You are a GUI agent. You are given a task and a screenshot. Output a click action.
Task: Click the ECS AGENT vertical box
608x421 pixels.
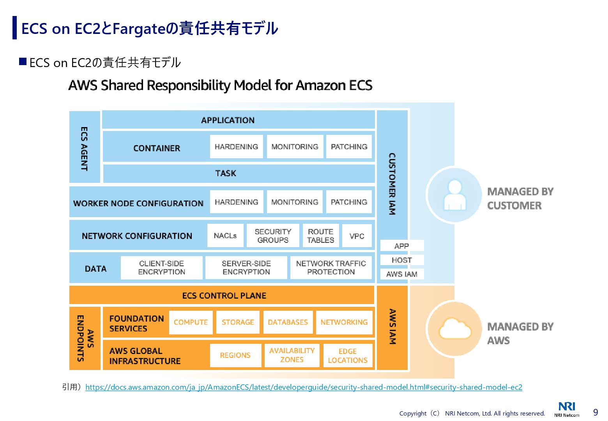point(85,147)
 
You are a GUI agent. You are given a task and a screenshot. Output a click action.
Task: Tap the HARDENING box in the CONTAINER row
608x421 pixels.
point(236,147)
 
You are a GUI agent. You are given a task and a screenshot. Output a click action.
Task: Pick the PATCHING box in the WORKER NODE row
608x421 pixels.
point(349,202)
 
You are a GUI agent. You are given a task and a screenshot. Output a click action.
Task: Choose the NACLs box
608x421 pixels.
point(225,235)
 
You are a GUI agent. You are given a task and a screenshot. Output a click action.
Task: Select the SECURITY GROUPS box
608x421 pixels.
point(273,236)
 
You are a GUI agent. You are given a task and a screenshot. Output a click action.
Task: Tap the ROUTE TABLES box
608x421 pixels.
point(320,236)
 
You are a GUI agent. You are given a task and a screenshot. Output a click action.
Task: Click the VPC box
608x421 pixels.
point(357,236)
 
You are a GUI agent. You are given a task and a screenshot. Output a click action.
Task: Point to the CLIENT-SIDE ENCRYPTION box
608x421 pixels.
point(161,268)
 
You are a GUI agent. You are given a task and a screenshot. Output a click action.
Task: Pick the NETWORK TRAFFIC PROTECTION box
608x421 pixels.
point(331,268)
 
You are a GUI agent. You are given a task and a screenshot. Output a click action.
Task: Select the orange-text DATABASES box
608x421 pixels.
point(288,322)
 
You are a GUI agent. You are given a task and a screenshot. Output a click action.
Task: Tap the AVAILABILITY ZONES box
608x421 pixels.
point(292,355)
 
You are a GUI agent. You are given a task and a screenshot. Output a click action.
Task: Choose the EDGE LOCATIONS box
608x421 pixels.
point(347,356)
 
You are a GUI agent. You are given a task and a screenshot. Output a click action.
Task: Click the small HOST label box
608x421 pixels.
point(401,260)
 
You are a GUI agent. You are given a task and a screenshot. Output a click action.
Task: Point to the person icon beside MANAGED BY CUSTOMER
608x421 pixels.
point(454,195)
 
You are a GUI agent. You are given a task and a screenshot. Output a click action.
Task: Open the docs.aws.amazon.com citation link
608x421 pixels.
point(304,387)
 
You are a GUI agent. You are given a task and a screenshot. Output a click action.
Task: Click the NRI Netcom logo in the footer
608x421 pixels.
point(567,409)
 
